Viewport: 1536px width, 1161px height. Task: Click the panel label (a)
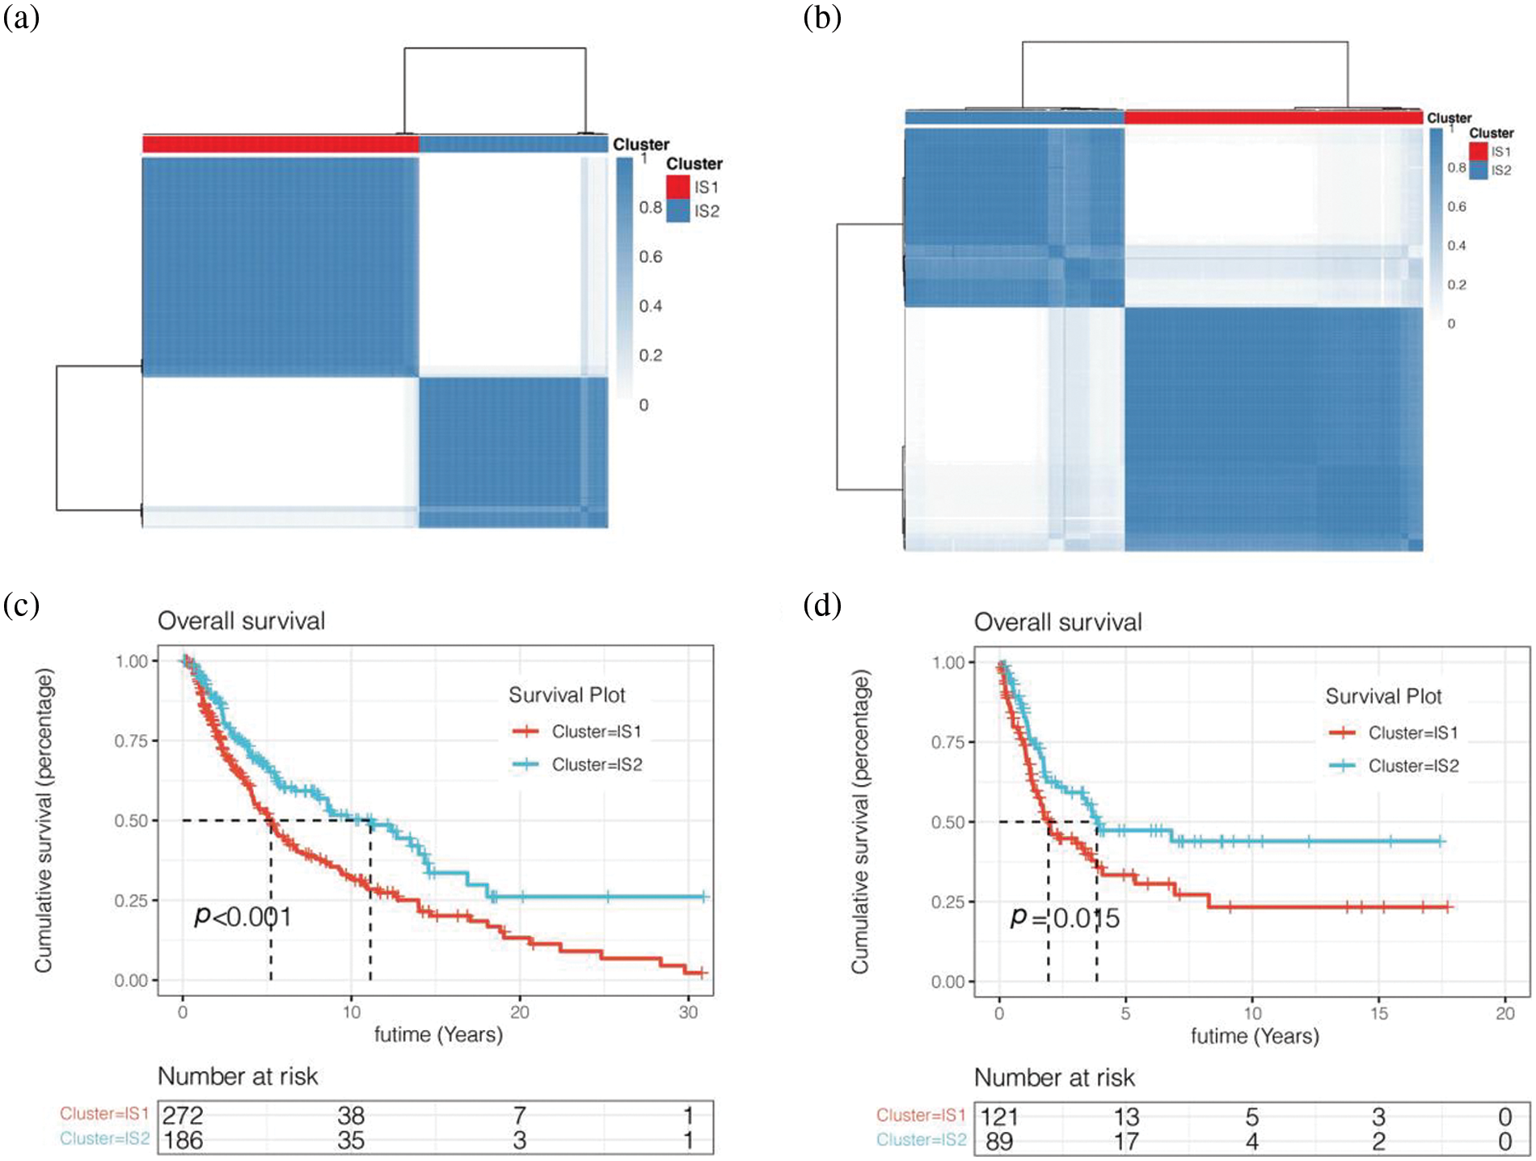21,18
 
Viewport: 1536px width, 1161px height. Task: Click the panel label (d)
822,605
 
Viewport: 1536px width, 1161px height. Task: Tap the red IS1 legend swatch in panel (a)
677,187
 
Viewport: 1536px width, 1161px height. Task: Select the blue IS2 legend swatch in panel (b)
1478,170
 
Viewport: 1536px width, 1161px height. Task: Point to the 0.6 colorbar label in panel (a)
650,257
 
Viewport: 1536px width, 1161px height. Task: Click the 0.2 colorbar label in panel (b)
1456,285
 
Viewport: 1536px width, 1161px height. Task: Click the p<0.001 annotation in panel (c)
243,917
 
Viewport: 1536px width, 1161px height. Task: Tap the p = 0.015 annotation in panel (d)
1065,918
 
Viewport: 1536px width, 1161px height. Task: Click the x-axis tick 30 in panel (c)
688,1012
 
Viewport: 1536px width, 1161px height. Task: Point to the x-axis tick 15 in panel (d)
1379,1013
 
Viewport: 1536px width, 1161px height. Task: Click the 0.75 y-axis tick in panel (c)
131,741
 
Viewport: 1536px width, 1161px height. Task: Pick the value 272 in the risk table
183,1116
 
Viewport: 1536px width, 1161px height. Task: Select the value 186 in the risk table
183,1141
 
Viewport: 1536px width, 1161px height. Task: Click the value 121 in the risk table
999,1117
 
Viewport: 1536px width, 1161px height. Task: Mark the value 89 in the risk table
999,1142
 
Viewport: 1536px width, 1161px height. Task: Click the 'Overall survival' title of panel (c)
241,621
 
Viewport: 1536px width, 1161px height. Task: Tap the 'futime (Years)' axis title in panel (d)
1255,1036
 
